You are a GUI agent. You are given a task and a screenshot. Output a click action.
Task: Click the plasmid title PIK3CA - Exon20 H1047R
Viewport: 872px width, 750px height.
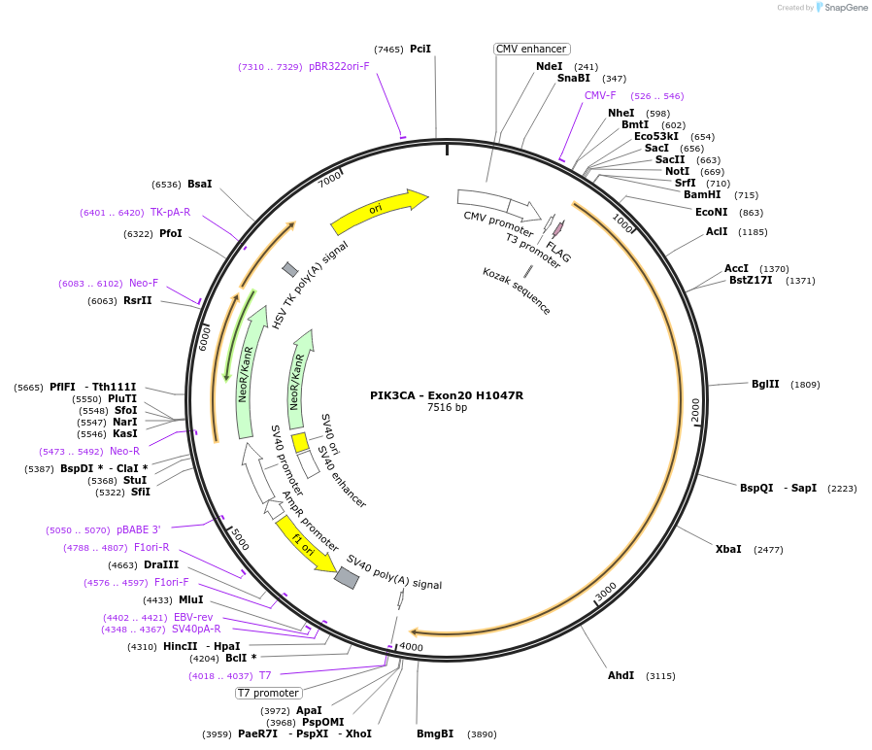tap(447, 395)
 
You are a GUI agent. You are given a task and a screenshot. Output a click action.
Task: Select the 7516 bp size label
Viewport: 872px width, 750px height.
tap(447, 408)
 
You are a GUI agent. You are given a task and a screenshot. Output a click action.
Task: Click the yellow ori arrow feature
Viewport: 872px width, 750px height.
tap(379, 212)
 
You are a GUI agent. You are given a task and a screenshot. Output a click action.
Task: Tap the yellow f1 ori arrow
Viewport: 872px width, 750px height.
tap(303, 543)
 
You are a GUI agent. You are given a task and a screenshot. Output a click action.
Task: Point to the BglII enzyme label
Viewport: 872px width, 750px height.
tap(765, 384)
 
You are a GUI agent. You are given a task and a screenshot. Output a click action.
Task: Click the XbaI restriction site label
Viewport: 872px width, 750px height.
tap(728, 549)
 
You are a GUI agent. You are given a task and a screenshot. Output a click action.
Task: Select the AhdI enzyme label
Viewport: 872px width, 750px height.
tap(620, 675)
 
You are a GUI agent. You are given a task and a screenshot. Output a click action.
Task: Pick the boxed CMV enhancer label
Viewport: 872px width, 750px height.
tap(531, 49)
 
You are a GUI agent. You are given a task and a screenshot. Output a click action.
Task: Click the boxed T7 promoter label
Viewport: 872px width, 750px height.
tap(269, 693)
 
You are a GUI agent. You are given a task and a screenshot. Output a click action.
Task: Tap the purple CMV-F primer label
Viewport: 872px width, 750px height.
tap(600, 95)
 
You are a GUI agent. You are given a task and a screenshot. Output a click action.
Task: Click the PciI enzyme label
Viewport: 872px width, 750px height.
tap(420, 49)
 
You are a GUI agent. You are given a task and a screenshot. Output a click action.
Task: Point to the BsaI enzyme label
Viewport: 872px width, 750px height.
tap(199, 184)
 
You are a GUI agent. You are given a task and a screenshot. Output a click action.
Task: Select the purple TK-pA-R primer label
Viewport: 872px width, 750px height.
tap(170, 212)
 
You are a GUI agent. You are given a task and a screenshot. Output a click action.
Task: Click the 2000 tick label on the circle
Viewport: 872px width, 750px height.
tap(695, 410)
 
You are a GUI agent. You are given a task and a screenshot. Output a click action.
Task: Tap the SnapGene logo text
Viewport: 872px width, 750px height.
tap(844, 8)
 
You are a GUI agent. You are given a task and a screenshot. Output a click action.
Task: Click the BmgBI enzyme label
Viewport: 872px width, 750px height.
tap(435, 733)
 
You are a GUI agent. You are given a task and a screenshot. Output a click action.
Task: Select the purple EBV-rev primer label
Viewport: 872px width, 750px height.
tap(193, 617)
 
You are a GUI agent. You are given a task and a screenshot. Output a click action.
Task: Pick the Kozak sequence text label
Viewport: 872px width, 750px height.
tap(517, 290)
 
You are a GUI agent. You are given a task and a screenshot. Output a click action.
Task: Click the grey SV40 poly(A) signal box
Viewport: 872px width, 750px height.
tap(346, 578)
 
